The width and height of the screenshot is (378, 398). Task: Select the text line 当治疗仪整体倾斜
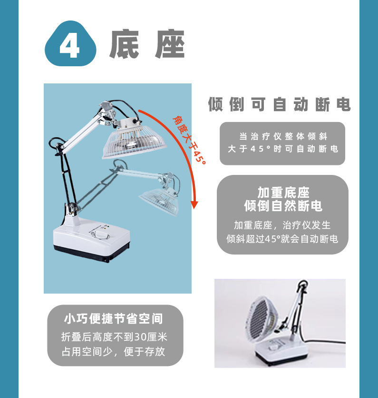(282, 136)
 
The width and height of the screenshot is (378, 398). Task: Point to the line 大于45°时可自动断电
(282, 149)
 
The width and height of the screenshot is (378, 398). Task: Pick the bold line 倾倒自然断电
(283, 206)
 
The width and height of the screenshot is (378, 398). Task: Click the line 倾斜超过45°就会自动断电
(283, 239)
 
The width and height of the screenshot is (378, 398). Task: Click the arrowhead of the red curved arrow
(194, 204)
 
